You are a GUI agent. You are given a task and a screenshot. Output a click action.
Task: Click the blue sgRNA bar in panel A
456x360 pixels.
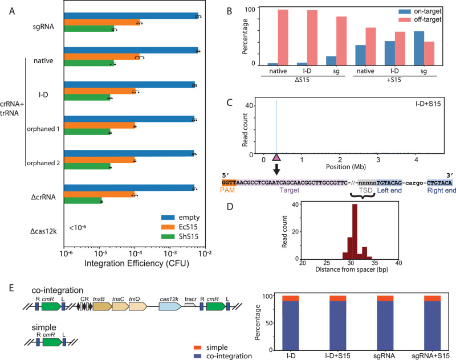point(131,15)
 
